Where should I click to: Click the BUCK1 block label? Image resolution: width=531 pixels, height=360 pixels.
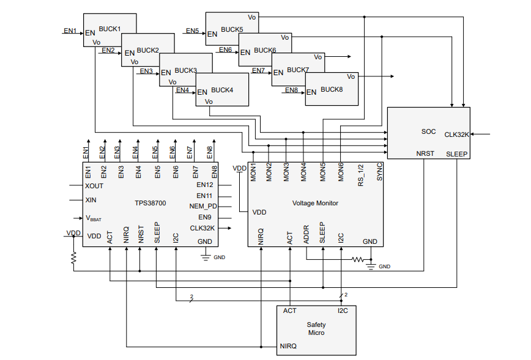(110, 29)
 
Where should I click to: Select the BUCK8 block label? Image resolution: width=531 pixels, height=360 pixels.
(332, 89)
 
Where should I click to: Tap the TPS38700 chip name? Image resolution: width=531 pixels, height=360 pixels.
(150, 203)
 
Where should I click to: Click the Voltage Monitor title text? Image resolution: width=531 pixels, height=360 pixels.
(315, 203)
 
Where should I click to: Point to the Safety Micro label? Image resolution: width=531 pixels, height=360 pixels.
(316, 329)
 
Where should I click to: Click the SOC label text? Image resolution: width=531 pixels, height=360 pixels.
(428, 131)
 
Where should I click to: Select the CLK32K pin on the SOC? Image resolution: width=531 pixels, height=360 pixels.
(456, 134)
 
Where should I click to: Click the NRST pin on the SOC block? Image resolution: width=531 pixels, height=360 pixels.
(425, 153)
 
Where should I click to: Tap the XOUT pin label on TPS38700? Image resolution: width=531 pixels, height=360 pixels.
(95, 185)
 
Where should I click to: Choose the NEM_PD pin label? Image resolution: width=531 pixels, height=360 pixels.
(203, 206)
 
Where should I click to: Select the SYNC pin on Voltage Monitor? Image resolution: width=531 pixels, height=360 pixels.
(379, 171)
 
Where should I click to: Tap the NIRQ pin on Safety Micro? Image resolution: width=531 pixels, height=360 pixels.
(288, 346)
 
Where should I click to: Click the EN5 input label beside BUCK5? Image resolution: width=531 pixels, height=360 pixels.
(192, 31)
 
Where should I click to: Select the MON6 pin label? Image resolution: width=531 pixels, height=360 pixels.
(341, 171)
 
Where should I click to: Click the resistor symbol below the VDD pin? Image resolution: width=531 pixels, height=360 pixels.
(73, 259)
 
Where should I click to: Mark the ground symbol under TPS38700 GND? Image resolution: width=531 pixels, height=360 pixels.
(206, 257)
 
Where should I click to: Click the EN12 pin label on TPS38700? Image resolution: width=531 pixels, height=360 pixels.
(205, 185)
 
